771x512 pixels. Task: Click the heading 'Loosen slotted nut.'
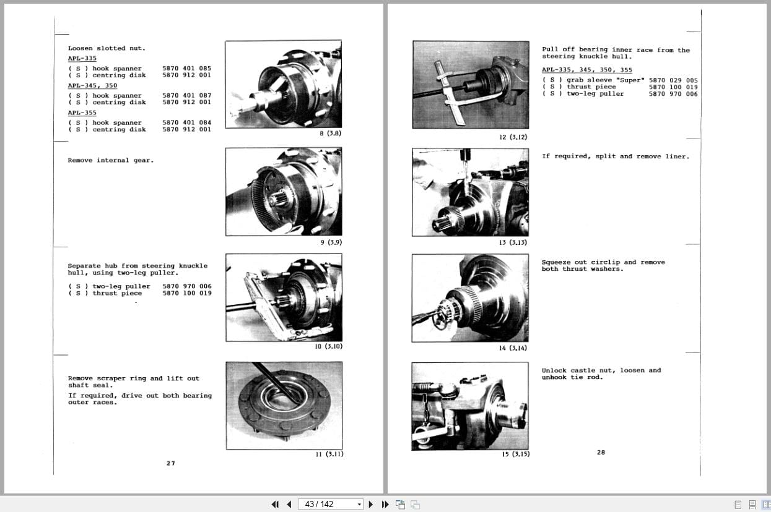107,48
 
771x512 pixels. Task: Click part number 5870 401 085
186,69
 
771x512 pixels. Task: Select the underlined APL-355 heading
82,113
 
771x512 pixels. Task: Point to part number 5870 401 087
186,96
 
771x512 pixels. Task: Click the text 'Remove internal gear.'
111,160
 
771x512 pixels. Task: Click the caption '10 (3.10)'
329,346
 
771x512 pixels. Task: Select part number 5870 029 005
673,80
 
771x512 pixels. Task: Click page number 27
171,463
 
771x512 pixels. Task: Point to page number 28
601,452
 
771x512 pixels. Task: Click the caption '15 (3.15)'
515,454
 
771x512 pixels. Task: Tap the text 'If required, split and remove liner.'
615,156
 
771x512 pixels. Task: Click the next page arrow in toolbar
371,504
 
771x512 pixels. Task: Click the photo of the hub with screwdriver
284,405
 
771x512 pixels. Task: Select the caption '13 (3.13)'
513,242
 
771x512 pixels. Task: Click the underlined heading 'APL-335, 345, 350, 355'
587,70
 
